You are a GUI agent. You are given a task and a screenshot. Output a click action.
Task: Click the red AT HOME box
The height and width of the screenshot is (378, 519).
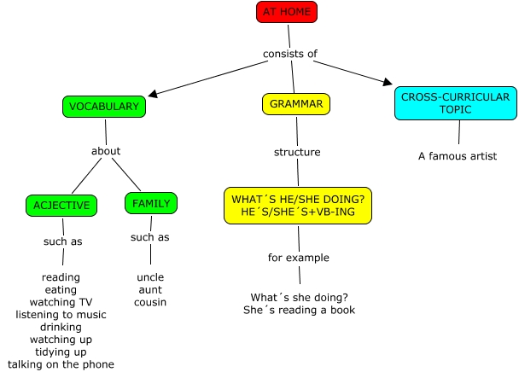click(x=287, y=12)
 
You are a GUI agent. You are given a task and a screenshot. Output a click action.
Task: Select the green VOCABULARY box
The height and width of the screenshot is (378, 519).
click(x=104, y=107)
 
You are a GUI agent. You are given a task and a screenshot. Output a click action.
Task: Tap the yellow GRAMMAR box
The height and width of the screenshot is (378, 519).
click(x=296, y=104)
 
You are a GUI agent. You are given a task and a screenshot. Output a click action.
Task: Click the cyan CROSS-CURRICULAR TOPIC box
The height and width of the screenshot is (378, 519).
click(x=455, y=103)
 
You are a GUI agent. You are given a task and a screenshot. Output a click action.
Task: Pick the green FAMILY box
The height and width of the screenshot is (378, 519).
click(x=151, y=203)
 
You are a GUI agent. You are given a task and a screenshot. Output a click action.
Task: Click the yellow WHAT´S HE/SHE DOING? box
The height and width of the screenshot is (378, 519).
click(x=298, y=205)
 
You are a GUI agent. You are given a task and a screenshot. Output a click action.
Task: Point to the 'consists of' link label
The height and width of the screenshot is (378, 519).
click(x=290, y=54)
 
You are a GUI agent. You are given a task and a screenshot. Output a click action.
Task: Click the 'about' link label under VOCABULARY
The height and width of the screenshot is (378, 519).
click(x=106, y=151)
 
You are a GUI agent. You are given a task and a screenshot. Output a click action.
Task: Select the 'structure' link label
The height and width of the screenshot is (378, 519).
click(x=297, y=152)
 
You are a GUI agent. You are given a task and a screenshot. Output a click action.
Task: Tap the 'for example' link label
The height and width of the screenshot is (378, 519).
click(x=299, y=257)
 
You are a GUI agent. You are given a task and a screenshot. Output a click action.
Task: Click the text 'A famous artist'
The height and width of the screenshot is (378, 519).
click(x=458, y=156)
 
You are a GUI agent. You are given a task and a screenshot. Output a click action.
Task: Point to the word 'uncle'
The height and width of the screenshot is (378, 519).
click(x=150, y=277)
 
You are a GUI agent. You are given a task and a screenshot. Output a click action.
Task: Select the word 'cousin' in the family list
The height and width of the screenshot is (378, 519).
click(x=150, y=302)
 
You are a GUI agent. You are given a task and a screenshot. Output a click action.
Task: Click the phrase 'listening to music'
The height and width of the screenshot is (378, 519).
click(x=61, y=315)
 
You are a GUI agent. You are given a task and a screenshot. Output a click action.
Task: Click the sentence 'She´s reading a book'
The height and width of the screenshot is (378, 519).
click(x=299, y=310)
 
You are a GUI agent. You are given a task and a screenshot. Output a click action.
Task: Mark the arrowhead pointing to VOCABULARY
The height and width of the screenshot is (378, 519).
click(x=153, y=95)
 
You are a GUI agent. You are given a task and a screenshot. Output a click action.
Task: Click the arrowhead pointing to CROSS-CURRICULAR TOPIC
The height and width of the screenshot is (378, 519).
click(x=388, y=83)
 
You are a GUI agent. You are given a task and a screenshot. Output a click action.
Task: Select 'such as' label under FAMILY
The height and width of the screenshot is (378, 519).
click(x=150, y=236)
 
